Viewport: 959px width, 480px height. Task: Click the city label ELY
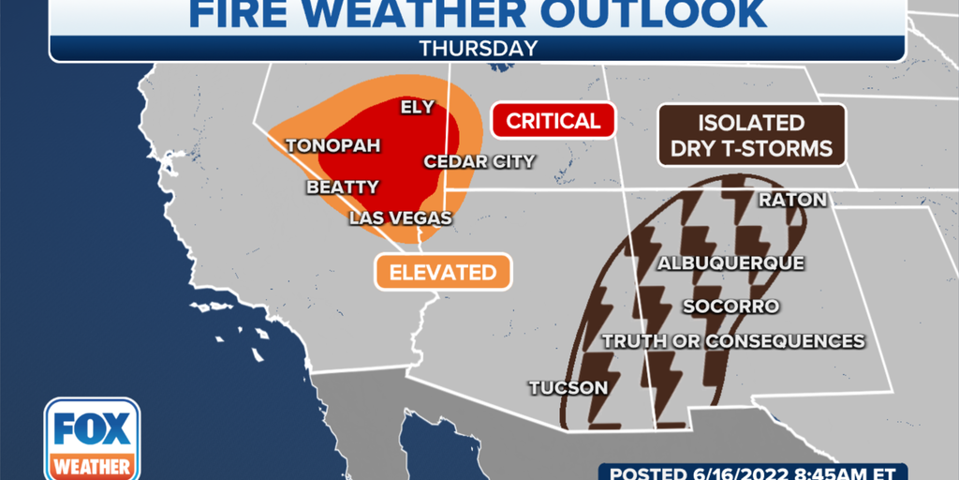417,107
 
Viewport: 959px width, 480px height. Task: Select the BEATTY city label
343,187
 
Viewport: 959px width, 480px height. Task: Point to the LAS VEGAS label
401,218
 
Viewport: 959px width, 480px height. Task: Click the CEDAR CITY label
479,161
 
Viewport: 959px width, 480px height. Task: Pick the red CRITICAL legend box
553,121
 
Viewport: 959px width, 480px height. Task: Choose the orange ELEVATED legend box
443,273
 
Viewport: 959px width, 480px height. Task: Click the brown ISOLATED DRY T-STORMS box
752,135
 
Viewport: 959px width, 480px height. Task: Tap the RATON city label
792,200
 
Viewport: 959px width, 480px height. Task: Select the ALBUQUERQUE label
730,263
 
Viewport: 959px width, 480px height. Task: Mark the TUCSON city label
568,387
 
